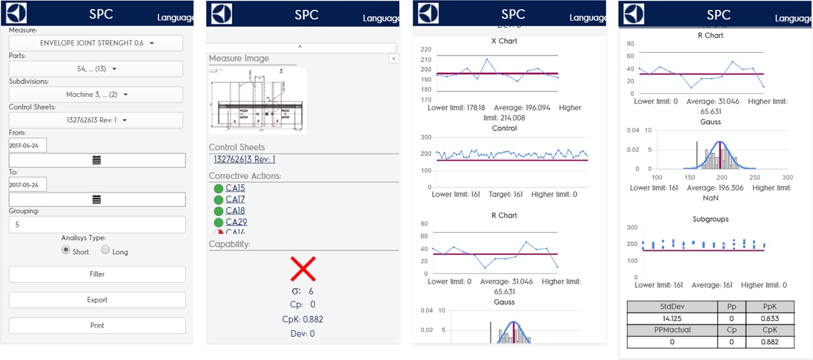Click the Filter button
[97, 274]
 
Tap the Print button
[97, 325]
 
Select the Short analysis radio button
[66, 251]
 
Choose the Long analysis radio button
[105, 251]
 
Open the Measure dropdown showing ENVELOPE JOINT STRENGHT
[96, 43]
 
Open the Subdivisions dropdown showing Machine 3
[96, 94]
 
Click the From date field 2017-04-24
[27, 145]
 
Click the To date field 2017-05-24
[27, 184]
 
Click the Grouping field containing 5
[97, 224]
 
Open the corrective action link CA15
[235, 188]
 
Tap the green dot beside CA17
[219, 199]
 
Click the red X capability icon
[303, 269]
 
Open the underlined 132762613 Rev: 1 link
[244, 159]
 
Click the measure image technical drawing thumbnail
[257, 100]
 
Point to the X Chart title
[504, 41]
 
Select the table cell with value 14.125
[672, 317]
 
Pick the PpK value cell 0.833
[770, 317]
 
